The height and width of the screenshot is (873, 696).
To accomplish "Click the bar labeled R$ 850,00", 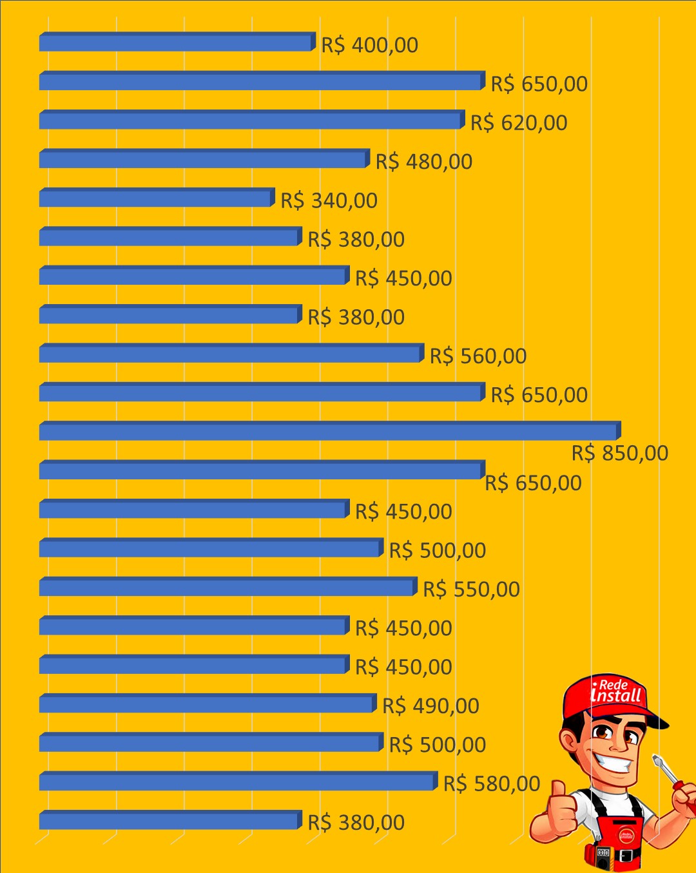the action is click(330, 430).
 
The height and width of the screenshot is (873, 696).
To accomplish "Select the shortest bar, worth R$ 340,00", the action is click(157, 197).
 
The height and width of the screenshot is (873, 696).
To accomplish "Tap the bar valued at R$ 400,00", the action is click(177, 41).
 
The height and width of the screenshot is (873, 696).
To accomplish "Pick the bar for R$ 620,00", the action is click(252, 119).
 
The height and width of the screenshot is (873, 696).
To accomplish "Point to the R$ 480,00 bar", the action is click(204, 158).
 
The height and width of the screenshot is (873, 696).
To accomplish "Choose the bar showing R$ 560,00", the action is click(232, 353).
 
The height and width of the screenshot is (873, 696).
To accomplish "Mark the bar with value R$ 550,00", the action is click(228, 586).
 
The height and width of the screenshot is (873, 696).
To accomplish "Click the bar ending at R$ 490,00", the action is click(208, 703).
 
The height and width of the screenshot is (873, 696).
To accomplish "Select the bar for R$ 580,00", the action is click(238, 781).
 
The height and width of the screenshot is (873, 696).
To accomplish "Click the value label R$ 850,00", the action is click(620, 453).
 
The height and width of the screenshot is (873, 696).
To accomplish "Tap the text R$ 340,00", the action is click(329, 201).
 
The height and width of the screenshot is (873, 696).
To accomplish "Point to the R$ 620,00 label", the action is click(519, 123).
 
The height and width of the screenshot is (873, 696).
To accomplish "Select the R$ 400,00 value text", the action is click(370, 45).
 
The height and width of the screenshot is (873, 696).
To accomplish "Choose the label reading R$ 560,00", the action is click(478, 356).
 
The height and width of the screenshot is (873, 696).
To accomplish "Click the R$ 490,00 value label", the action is click(430, 706).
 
